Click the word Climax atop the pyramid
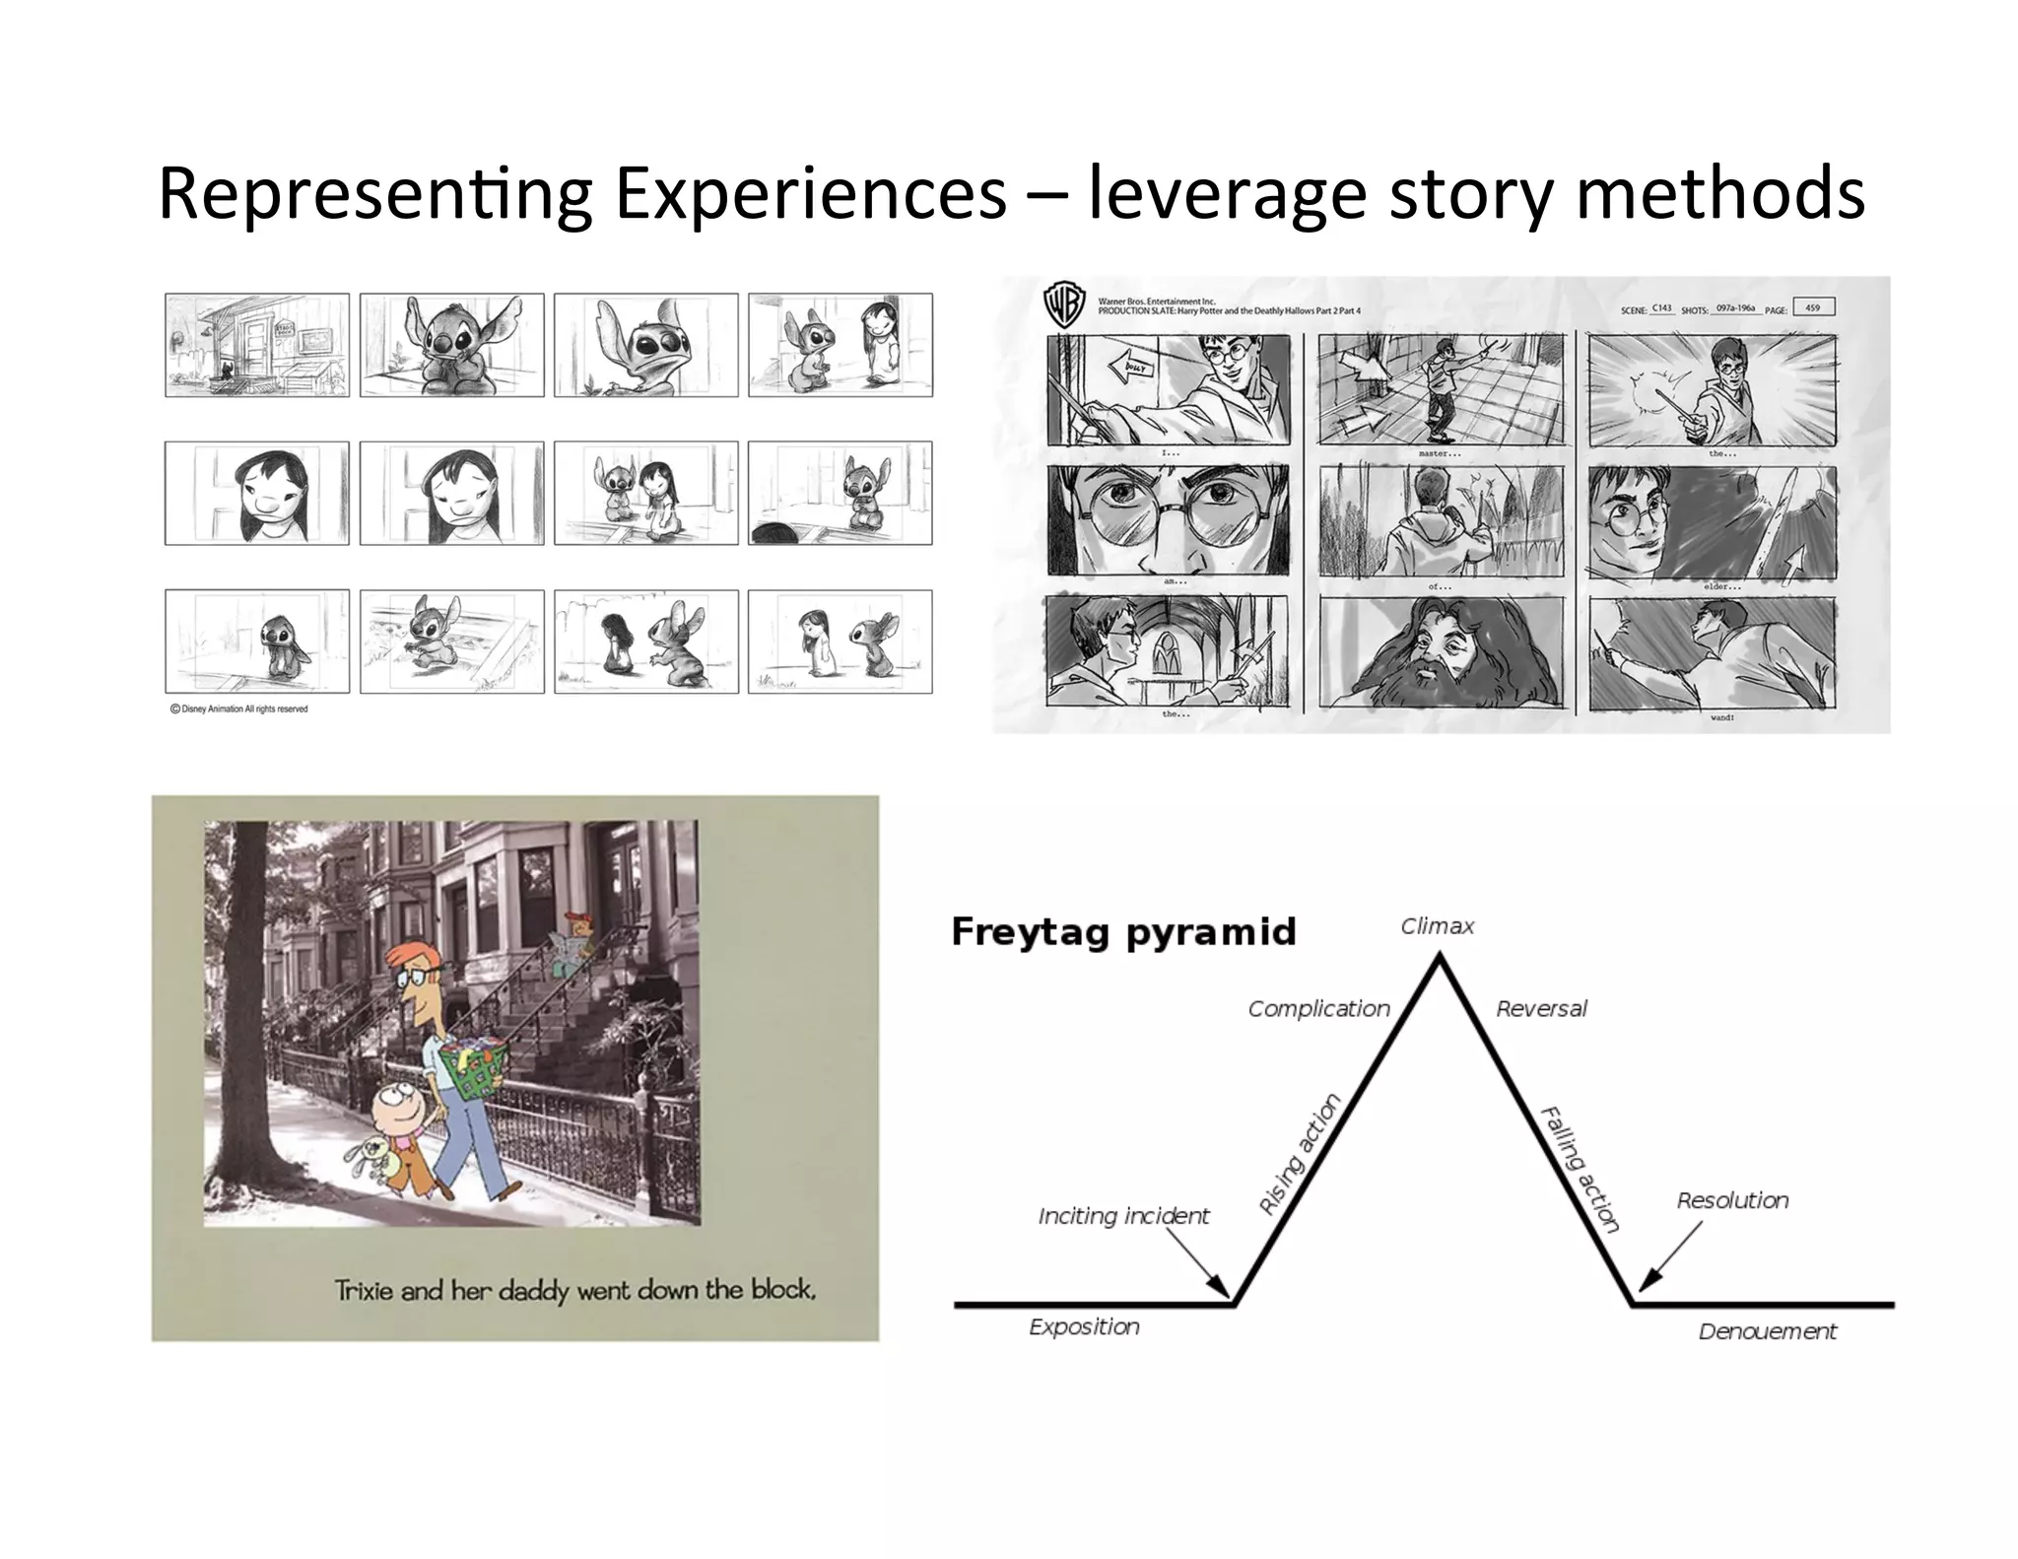(1438, 926)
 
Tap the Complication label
(1318, 1009)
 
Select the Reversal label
(1541, 1009)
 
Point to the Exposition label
(1084, 1326)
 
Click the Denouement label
(1767, 1331)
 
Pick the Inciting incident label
(1123, 1216)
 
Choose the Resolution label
(1732, 1200)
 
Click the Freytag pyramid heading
(1123, 932)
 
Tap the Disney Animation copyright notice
(239, 709)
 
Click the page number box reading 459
(1813, 307)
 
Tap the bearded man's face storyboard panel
(1439, 652)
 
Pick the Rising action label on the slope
(1301, 1154)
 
